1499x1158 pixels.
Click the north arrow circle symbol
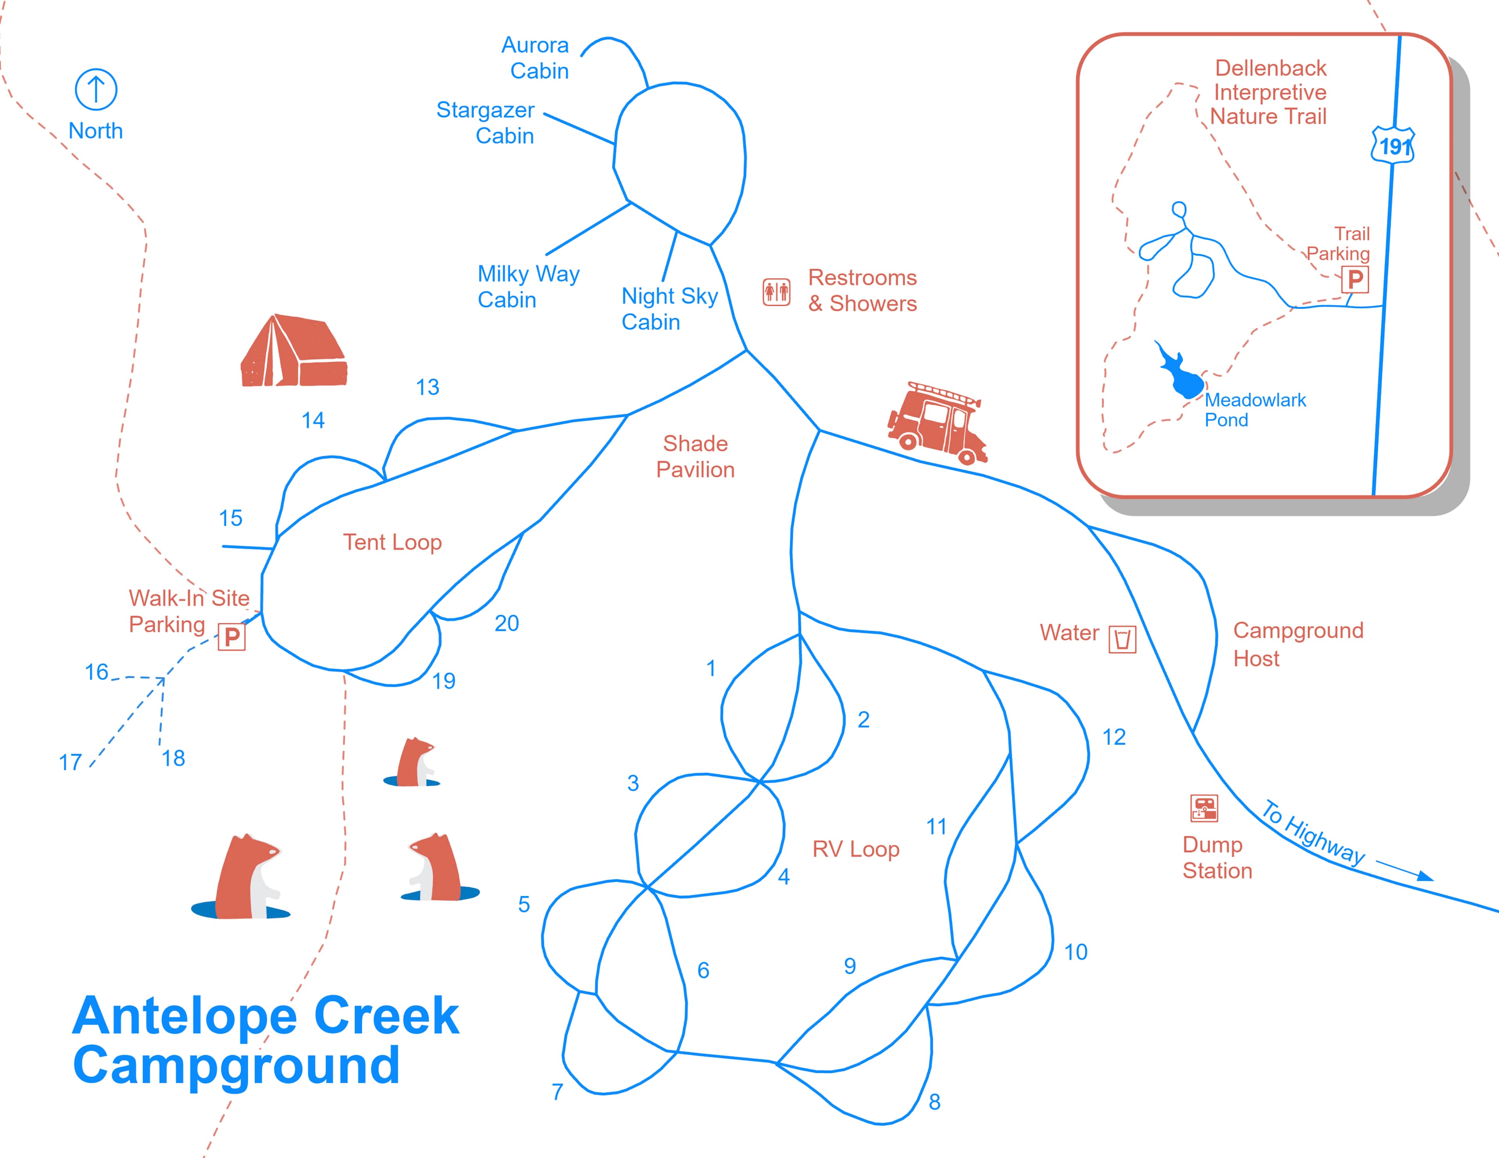pos(95,89)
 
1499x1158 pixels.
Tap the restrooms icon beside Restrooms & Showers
pos(776,292)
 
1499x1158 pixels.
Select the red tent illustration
pos(294,351)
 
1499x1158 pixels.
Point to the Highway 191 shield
pos(1392,145)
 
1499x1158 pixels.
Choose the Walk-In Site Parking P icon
pos(232,637)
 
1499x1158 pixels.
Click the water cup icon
pos(1122,639)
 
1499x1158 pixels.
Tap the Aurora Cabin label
pos(535,58)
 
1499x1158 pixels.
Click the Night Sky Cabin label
pos(669,309)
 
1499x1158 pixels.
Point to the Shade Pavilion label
pos(695,457)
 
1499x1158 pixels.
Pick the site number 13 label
pos(427,387)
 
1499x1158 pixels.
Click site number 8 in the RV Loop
pos(934,1102)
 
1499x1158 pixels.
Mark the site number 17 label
pos(70,762)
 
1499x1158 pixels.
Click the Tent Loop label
pos(393,542)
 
